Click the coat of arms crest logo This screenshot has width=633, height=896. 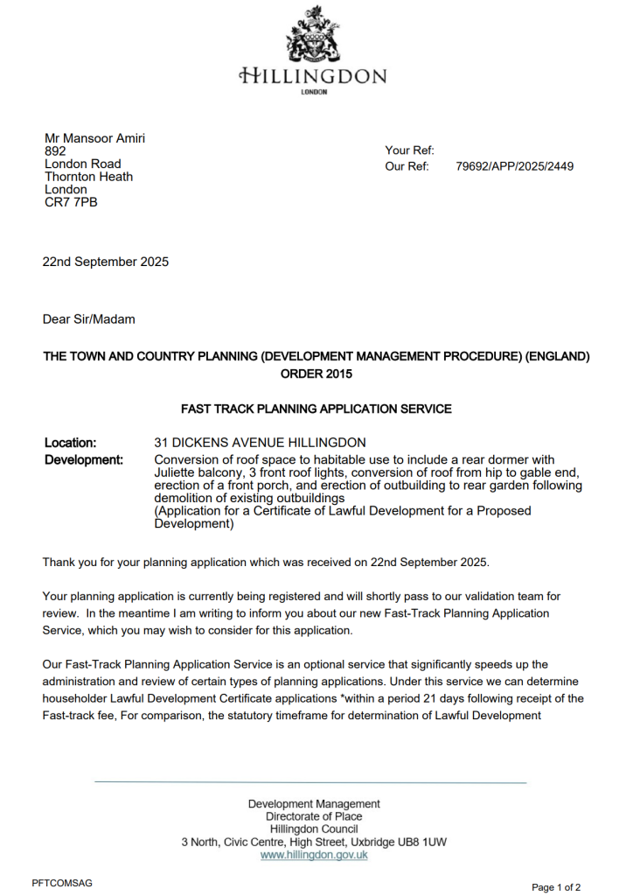313,34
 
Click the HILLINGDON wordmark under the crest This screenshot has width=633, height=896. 313,76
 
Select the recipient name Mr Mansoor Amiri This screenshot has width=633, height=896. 94,138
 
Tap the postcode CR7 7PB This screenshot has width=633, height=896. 71,202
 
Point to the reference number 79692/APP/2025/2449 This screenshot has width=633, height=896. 515,166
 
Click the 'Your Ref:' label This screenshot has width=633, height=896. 409,150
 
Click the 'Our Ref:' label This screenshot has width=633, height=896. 407,166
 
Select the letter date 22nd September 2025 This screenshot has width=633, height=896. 106,262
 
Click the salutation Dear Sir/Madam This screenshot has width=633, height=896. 89,319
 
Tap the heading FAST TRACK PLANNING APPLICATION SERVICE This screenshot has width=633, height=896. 316,409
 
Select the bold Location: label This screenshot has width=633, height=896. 70,443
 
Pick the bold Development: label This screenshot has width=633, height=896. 84,459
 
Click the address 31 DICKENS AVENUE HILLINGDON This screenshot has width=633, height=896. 260,443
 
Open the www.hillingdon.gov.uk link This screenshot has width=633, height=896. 314,855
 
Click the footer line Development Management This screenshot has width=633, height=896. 314,803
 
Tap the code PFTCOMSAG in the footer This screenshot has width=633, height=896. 62,883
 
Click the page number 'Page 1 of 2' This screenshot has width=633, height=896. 556,887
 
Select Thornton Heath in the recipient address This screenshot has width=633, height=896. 88,177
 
